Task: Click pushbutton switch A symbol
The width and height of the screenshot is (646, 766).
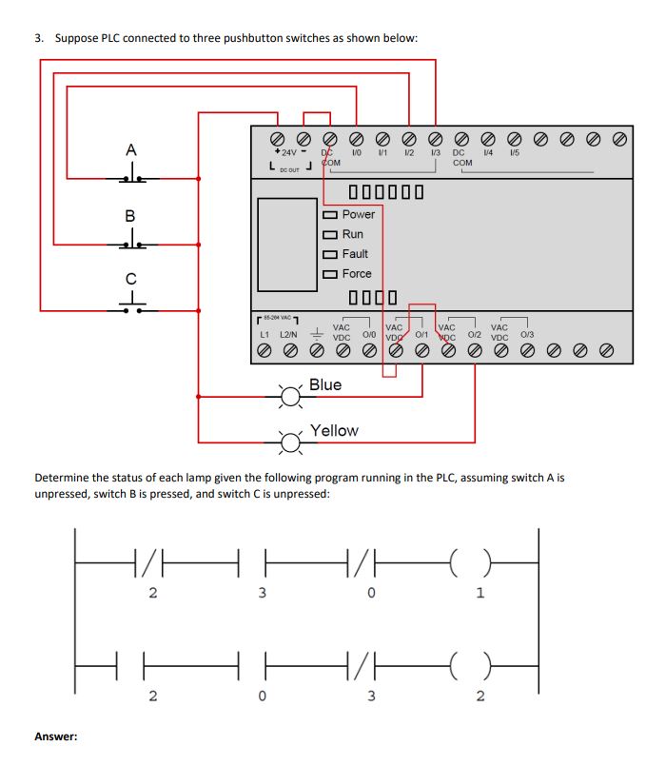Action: [x=131, y=175]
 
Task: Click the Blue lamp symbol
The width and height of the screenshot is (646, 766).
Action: [x=289, y=394]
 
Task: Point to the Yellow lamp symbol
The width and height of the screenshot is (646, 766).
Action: [x=289, y=441]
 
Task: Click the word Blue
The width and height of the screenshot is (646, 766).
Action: [x=325, y=384]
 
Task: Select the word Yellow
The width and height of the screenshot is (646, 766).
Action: [x=334, y=430]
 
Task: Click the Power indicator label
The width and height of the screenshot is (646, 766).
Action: [x=358, y=214]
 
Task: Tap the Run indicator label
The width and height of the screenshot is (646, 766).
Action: [x=352, y=234]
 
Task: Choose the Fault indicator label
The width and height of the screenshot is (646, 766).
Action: [x=355, y=254]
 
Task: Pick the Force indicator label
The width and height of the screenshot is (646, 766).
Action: [x=357, y=273]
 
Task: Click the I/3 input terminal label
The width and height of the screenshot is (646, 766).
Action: [x=435, y=152]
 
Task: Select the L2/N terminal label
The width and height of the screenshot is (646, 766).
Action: [x=288, y=335]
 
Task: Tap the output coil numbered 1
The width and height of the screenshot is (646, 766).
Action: [x=480, y=567]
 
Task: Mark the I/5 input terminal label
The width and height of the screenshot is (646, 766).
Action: [x=514, y=152]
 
